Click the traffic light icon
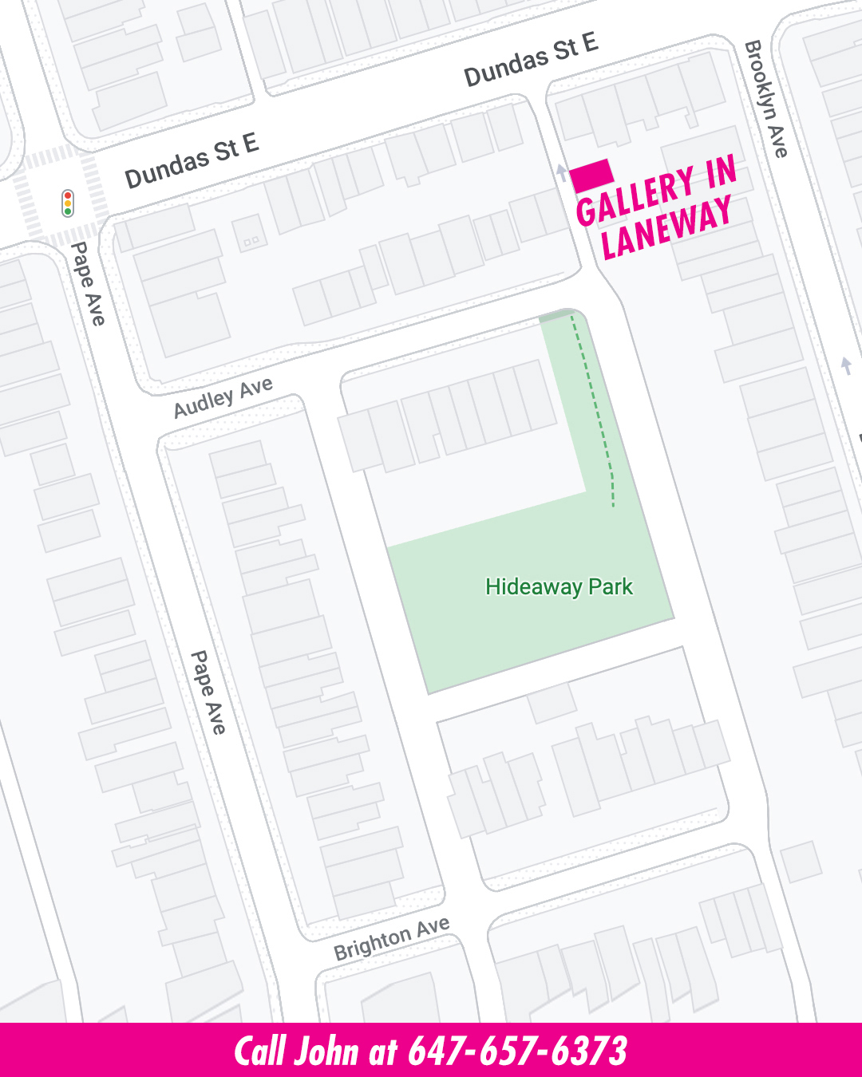tap(68, 203)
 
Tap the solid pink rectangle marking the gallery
tap(591, 175)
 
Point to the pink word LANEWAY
tap(666, 229)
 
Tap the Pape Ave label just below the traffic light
tap(88, 284)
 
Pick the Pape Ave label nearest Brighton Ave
tap(208, 692)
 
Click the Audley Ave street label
tap(223, 396)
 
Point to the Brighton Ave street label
tap(391, 938)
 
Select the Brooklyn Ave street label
tap(766, 99)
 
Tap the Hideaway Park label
tap(559, 587)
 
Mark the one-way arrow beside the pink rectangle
tap(562, 173)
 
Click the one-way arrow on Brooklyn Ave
tap(846, 366)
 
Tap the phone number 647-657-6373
tap(517, 1051)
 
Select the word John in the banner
tap(326, 1051)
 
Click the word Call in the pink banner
tap(260, 1051)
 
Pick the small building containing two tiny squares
tap(250, 235)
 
